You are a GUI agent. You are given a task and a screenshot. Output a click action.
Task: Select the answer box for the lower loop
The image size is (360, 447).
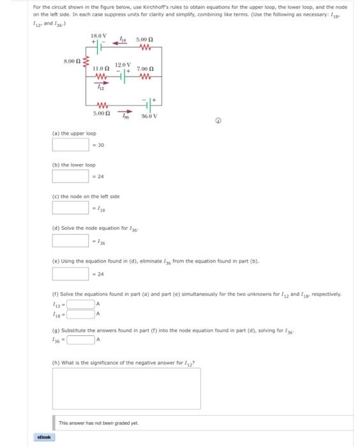point(70,175)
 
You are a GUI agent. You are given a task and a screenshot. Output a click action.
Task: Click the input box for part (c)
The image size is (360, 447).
point(70,207)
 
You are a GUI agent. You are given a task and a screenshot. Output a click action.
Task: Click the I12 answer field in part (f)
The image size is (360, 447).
point(80,304)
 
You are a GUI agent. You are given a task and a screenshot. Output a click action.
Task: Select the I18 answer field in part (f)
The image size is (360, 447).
point(80,314)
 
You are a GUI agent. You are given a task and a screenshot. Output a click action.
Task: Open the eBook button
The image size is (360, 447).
point(45,437)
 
